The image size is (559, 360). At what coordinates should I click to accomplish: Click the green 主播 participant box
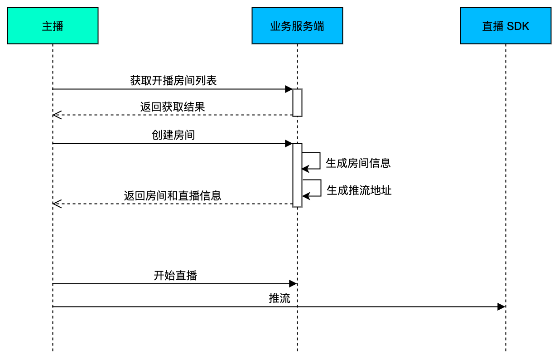(53, 26)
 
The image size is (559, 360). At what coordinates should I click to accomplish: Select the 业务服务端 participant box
(297, 26)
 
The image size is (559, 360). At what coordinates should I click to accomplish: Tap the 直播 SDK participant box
(506, 26)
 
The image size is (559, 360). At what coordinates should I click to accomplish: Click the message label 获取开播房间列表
(173, 81)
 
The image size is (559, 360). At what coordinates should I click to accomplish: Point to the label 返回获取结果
(173, 107)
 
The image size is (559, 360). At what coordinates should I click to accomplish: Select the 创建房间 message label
(173, 135)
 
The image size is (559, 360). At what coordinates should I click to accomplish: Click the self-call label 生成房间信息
(358, 163)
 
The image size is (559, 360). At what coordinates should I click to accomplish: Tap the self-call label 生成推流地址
(359, 190)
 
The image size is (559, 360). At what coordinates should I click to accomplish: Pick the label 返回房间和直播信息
(173, 195)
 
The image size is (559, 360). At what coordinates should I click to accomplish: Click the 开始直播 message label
(175, 276)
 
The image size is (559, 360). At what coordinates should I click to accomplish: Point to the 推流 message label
(279, 298)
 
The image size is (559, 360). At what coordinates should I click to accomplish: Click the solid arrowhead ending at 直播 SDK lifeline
(501, 306)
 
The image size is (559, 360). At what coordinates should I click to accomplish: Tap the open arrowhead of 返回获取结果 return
(57, 115)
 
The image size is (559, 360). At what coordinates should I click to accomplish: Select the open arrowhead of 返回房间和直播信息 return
(57, 204)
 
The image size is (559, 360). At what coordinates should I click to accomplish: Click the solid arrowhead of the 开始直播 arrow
(293, 283)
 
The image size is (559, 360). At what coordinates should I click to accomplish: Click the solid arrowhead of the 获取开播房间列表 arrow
(289, 89)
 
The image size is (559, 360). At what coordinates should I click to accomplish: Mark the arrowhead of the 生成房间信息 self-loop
(305, 169)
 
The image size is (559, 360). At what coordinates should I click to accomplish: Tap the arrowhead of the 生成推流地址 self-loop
(306, 196)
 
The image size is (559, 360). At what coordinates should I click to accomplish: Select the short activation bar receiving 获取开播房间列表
(297, 102)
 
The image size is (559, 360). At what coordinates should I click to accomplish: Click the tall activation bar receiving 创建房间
(297, 175)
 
